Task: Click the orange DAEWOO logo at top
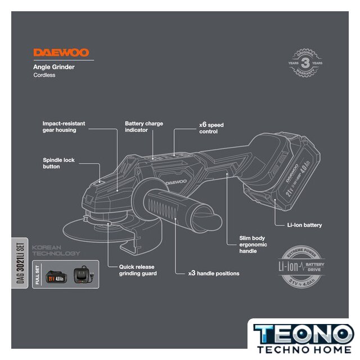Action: click(x=61, y=52)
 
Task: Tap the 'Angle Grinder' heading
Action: click(x=54, y=67)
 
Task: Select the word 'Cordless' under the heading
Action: click(x=44, y=75)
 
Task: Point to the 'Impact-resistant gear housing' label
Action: click(x=59, y=126)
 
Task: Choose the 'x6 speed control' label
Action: click(x=211, y=127)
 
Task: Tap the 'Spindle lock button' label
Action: click(x=58, y=163)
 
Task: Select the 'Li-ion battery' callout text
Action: click(x=304, y=225)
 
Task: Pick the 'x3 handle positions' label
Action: click(x=214, y=273)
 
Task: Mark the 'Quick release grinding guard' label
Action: click(x=137, y=270)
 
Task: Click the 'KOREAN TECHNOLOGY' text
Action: click(x=56, y=250)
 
